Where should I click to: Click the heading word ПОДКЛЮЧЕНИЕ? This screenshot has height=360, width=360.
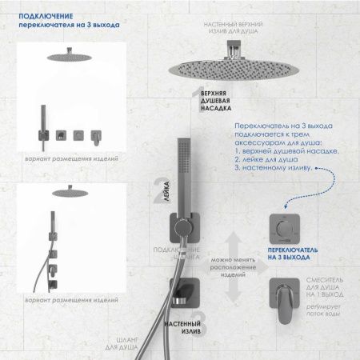point(41,15)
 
